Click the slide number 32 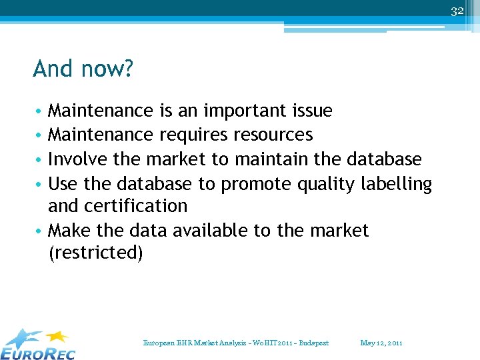(x=457, y=11)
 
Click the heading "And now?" (x=83, y=69)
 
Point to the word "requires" (x=193, y=135)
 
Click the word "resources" (x=273, y=135)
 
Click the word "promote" (x=251, y=184)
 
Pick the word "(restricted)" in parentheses (x=95, y=253)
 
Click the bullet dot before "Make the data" (x=40, y=231)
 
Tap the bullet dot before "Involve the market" (x=40, y=160)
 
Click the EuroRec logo (x=38, y=344)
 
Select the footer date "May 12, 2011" (x=381, y=343)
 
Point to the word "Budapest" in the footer (x=313, y=343)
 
